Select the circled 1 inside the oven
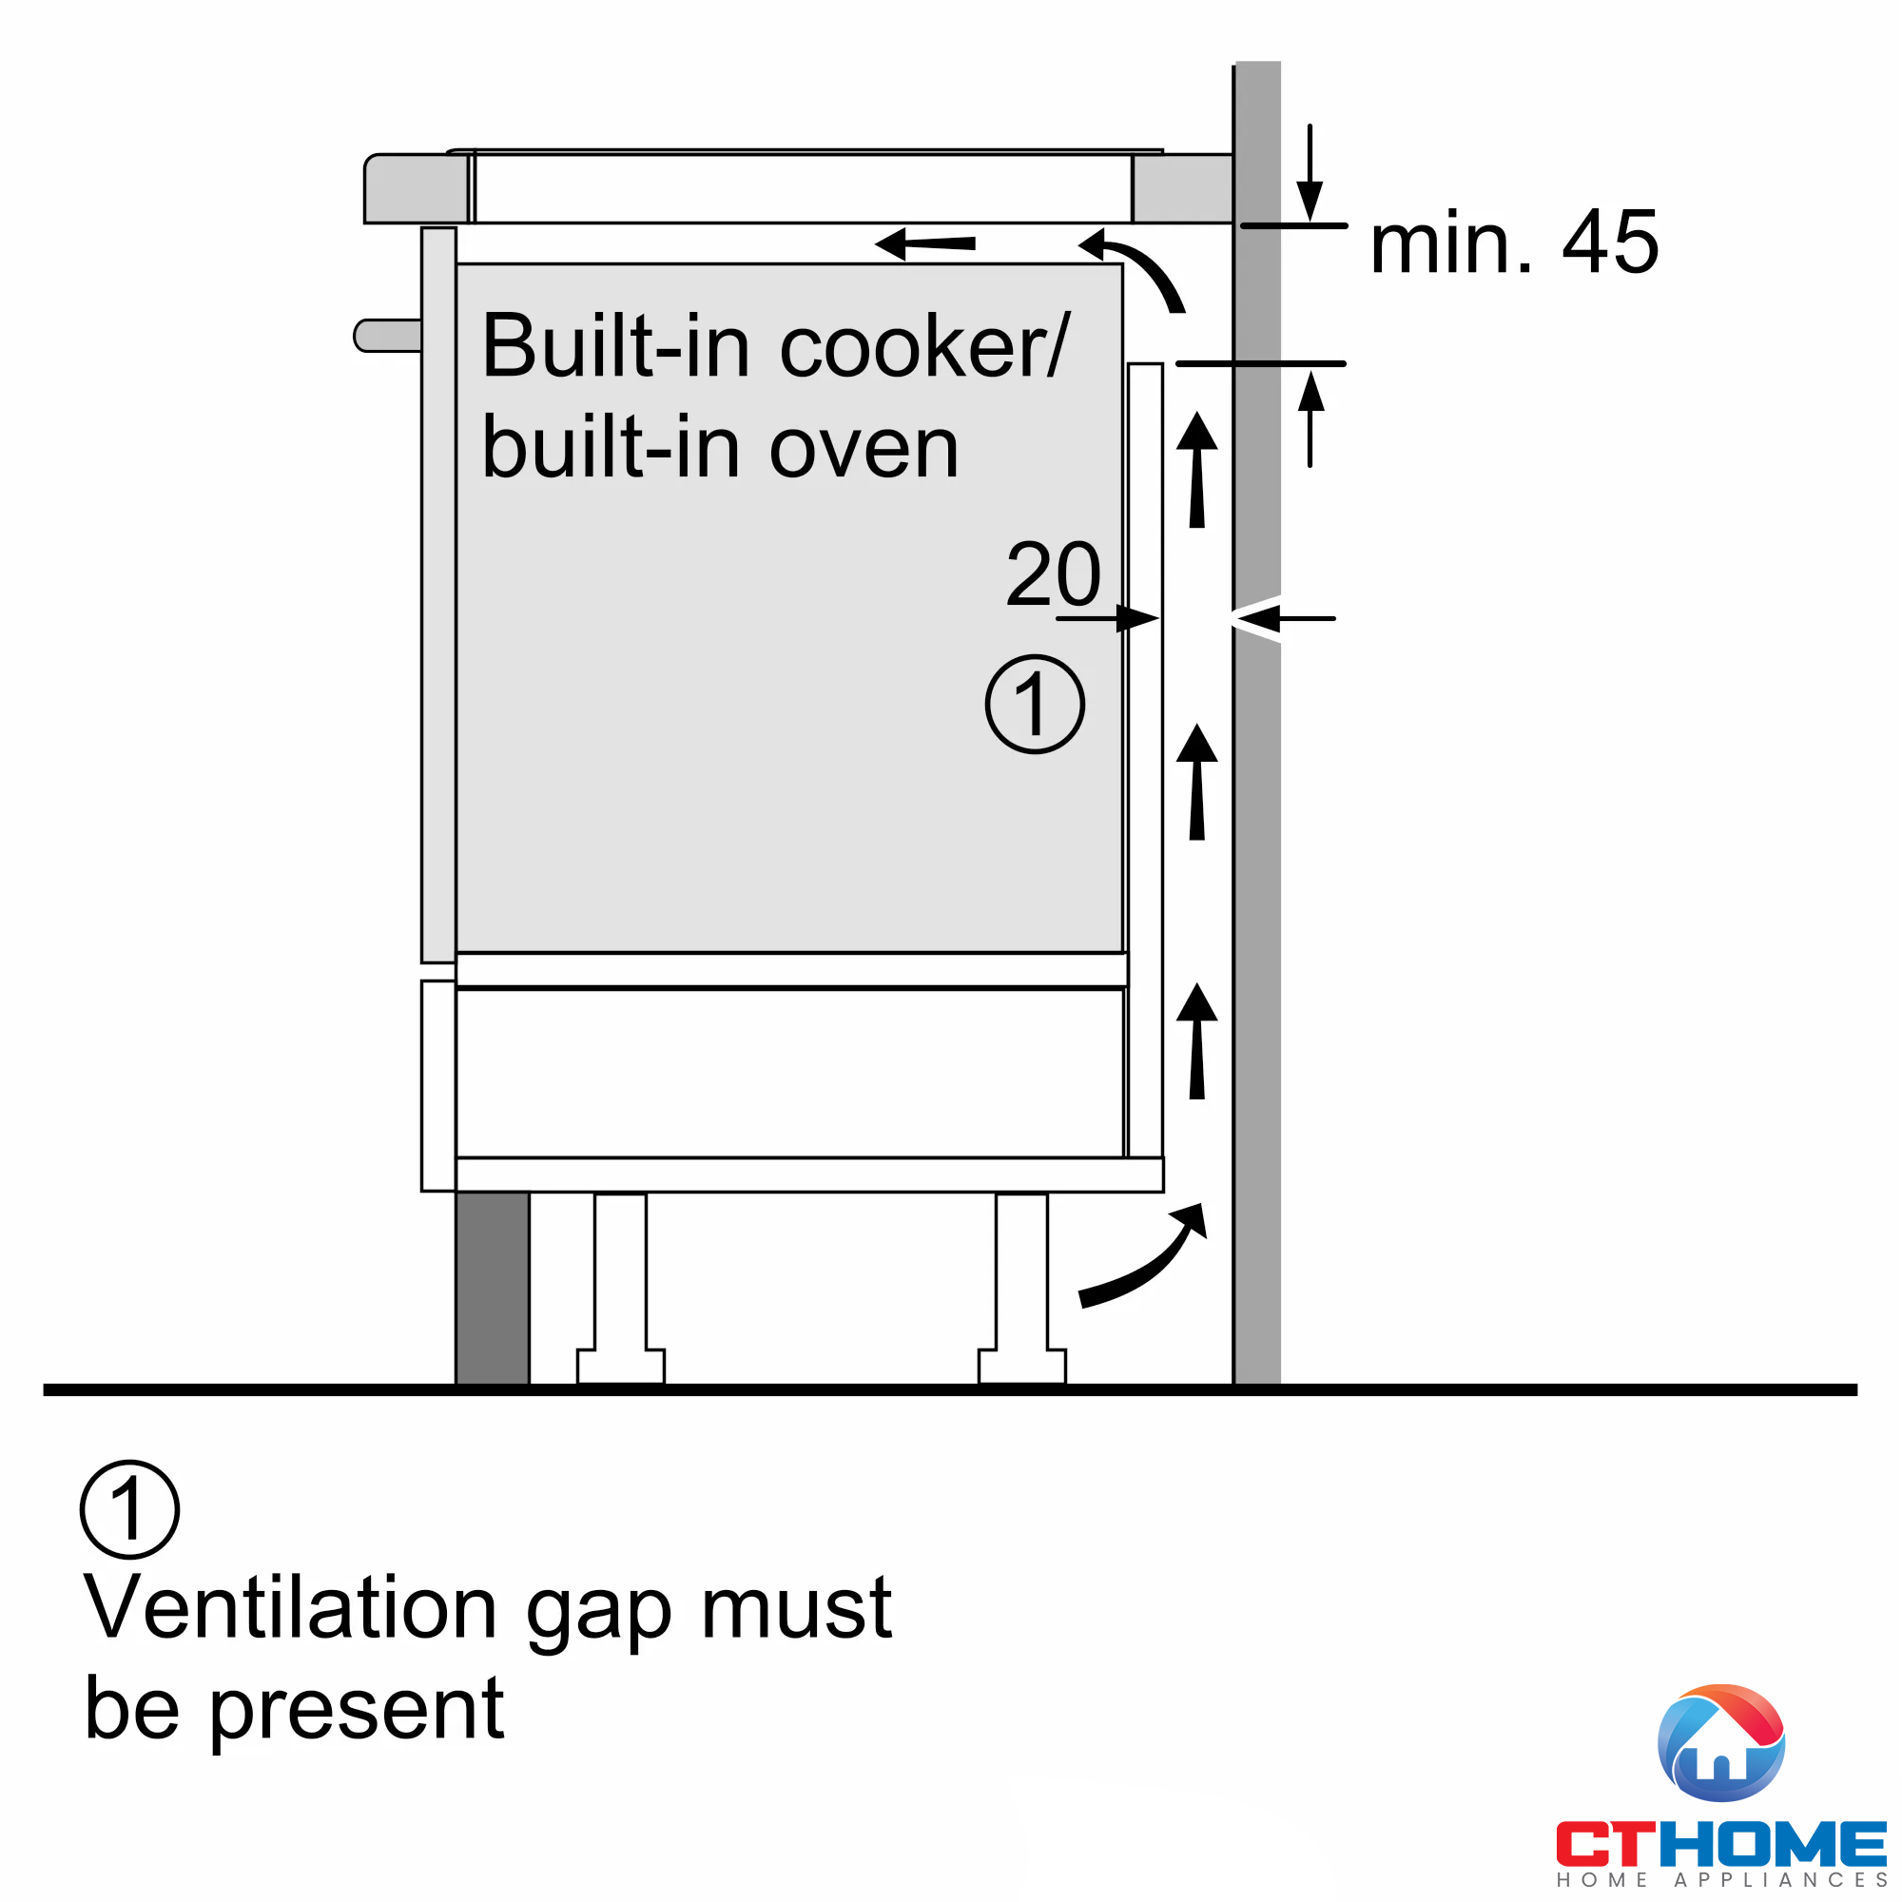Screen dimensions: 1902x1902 pos(1035,705)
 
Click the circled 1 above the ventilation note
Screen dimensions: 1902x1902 pos(130,1509)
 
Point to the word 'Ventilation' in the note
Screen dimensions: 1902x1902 pos(290,1609)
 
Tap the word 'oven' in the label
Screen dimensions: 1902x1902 pos(864,449)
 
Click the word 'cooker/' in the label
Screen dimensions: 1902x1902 pos(922,346)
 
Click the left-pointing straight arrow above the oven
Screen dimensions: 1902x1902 pos(925,243)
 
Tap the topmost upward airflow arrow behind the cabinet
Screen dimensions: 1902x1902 pos(1197,470)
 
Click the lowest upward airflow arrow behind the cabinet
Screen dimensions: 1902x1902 pos(1197,1040)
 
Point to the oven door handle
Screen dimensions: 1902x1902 pos(387,335)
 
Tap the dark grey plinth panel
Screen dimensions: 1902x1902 pos(493,1288)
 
